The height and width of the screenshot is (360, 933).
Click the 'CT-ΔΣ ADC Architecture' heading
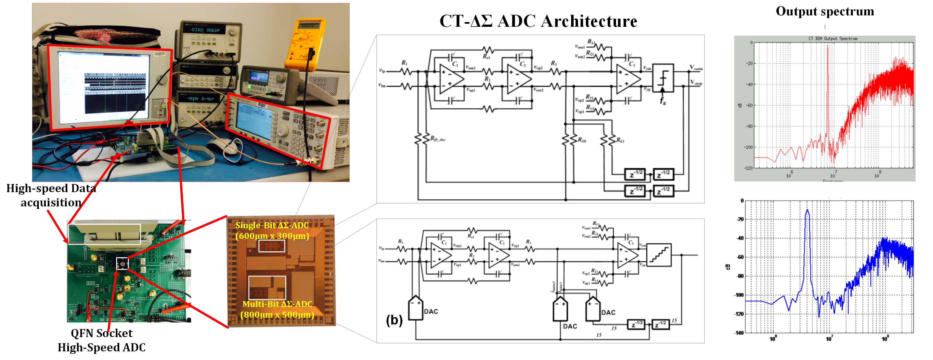click(538, 21)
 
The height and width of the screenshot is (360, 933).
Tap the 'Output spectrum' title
click(825, 11)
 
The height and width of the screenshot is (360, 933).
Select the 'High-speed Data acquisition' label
click(51, 195)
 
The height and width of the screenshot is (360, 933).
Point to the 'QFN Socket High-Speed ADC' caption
click(102, 340)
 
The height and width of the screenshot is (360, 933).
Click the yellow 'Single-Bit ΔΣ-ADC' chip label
click(272, 230)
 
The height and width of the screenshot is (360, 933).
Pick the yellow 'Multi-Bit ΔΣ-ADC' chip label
click(277, 309)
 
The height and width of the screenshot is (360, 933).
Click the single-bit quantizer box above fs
click(663, 78)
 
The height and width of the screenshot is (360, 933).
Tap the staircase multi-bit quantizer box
click(658, 255)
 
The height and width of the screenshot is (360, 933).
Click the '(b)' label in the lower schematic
click(394, 320)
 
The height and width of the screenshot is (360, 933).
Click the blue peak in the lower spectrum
click(807, 214)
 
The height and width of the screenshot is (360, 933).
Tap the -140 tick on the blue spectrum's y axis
click(739, 332)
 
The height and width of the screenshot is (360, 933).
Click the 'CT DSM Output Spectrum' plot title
click(833, 38)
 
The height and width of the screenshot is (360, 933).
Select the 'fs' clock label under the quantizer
click(662, 101)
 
